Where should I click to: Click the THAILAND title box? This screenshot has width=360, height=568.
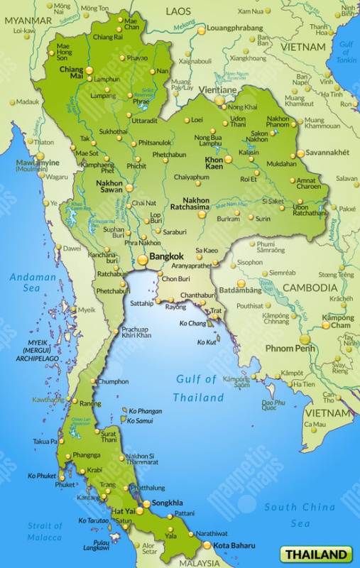pyautogui.click(x=317, y=554)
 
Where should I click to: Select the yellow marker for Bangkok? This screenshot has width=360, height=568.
pyautogui.click(x=143, y=260)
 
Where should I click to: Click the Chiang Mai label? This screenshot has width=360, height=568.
pyautogui.click(x=71, y=74)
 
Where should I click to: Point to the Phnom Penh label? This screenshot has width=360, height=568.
pyautogui.click(x=290, y=349)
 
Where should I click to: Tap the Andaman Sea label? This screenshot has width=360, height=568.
pyautogui.click(x=33, y=283)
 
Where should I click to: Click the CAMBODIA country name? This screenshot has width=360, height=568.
pyautogui.click(x=310, y=288)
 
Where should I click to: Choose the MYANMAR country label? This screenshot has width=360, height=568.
pyautogui.click(x=28, y=21)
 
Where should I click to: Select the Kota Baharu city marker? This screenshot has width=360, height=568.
pyautogui.click(x=207, y=545)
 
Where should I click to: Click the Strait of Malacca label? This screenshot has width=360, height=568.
pyautogui.click(x=45, y=530)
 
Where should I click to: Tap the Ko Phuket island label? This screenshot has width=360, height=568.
pyautogui.click(x=42, y=476)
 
